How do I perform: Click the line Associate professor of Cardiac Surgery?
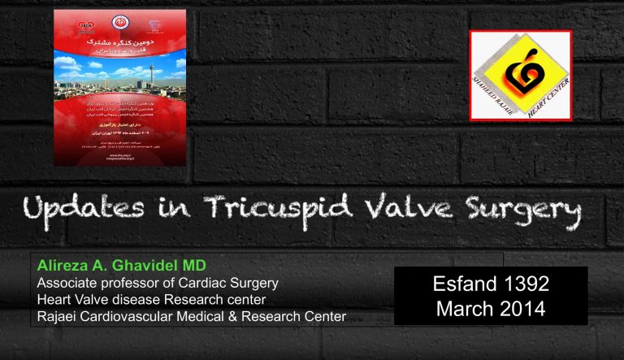(x=154, y=284)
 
